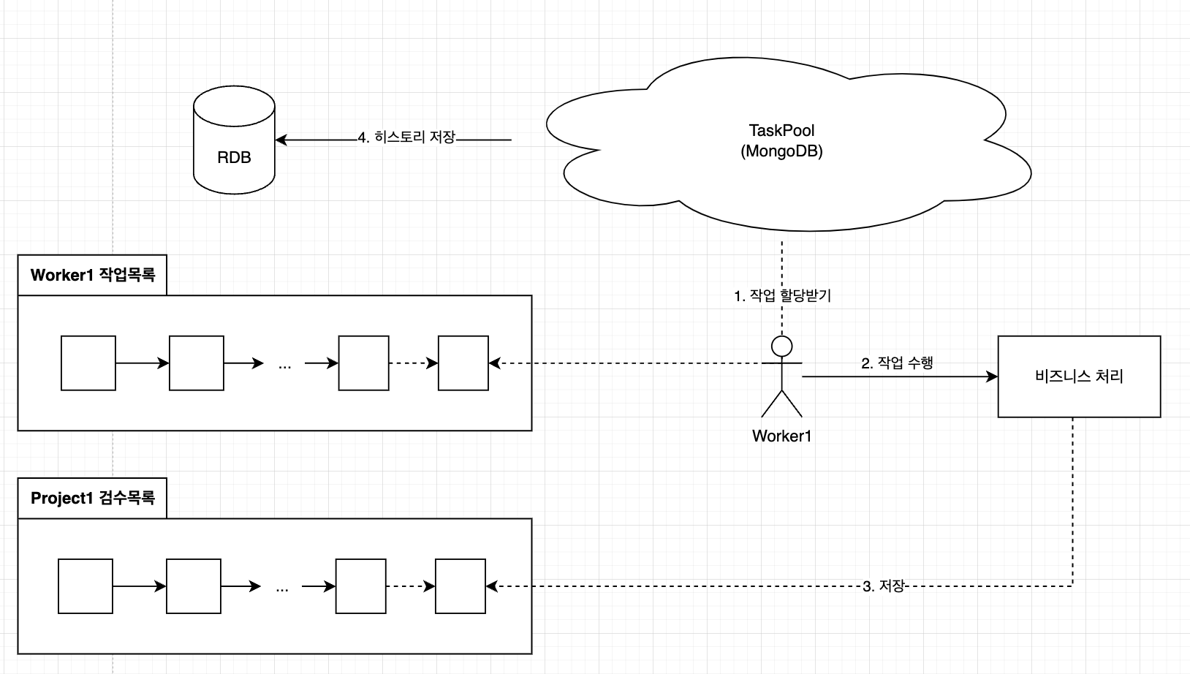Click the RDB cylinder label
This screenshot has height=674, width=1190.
(x=234, y=157)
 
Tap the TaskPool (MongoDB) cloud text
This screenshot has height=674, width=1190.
(x=781, y=141)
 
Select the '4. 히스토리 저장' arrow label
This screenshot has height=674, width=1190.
(x=407, y=137)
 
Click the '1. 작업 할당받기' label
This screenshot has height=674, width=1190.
(x=782, y=296)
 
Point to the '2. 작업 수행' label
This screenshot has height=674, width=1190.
(x=897, y=363)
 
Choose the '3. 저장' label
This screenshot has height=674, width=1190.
(x=884, y=586)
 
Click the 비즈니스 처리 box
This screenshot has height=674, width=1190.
(x=1079, y=376)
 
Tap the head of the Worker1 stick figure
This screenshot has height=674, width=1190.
(x=781, y=347)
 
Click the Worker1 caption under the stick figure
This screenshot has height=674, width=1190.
(x=781, y=436)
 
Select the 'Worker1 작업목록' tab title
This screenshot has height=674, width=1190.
(x=92, y=275)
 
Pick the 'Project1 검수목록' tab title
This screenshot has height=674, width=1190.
(x=92, y=499)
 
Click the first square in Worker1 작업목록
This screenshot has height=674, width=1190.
(x=88, y=363)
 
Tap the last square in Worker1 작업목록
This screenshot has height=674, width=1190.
(x=463, y=363)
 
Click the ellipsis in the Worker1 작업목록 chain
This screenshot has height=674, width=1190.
(x=284, y=366)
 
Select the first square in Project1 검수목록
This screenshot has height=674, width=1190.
(x=86, y=586)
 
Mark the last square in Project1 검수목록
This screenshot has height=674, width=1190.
(x=460, y=586)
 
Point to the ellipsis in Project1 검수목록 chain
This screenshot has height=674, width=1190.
(x=282, y=589)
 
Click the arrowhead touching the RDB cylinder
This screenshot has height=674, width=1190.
(x=281, y=140)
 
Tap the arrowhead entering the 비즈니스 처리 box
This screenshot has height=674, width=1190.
(x=991, y=376)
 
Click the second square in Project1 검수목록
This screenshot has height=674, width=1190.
(x=194, y=586)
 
